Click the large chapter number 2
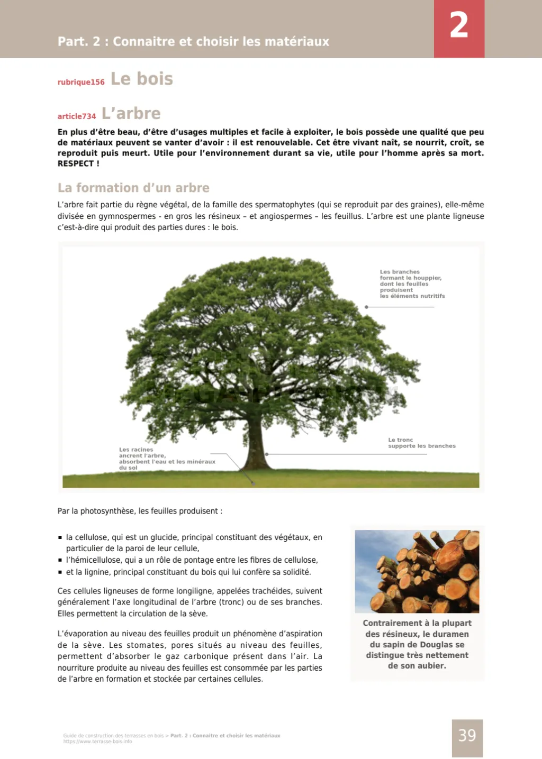tap(459, 25)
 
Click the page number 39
tap(467, 736)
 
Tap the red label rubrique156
tap(81, 82)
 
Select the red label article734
tap(77, 116)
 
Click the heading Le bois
tap(142, 79)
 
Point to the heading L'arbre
tap(131, 113)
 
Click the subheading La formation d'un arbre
tap(133, 188)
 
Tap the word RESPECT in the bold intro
tap(76, 164)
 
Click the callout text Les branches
tap(400, 272)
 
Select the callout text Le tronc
tap(400, 440)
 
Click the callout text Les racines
tap(136, 450)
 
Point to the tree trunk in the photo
tap(258, 444)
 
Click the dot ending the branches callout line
tap(366, 307)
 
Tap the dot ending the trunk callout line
tap(267, 454)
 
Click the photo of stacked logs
tap(417, 571)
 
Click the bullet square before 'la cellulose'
tap(60, 537)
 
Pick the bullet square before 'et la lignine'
tap(60, 572)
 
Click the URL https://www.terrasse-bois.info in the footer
tap(97, 742)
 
